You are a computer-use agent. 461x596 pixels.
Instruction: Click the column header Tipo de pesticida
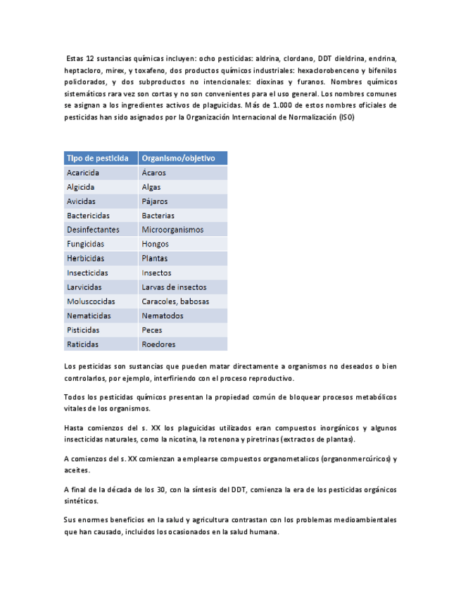tap(97, 158)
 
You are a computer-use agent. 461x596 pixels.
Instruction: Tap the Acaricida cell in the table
tap(83, 173)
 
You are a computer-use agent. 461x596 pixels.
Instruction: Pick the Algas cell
tap(151, 187)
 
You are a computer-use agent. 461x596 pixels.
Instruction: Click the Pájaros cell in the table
tap(154, 201)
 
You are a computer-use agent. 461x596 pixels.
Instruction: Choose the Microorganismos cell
tap(172, 230)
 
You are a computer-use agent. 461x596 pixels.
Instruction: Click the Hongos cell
tap(155, 244)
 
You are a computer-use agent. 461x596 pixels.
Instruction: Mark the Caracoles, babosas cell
tap(175, 302)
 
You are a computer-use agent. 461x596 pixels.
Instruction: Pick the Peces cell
tap(151, 330)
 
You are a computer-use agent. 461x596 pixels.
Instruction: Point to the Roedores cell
tap(158, 344)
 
